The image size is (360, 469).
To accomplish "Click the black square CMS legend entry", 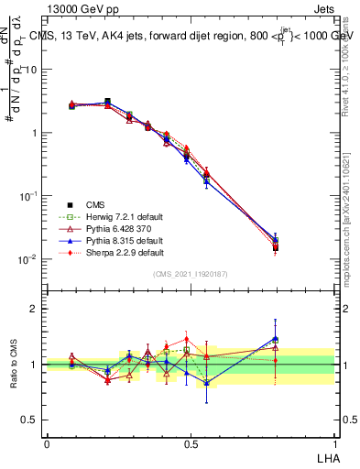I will pos(96,204).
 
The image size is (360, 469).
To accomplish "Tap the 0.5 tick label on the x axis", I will pos(191,442).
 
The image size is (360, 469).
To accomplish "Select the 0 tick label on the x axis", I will pos(47,442).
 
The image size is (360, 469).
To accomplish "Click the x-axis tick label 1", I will pos(334,442).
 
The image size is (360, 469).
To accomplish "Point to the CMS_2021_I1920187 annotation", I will pos(191,274).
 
